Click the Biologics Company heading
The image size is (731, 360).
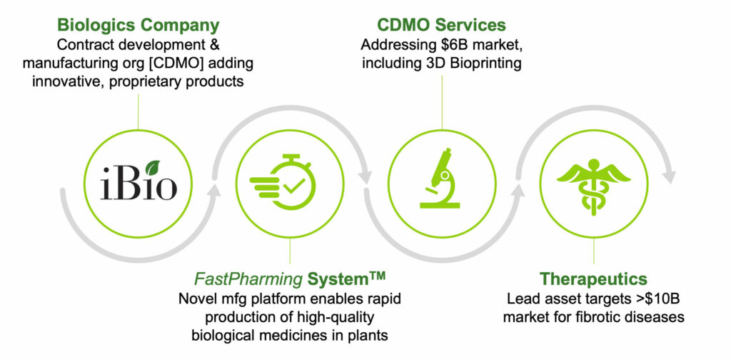138,25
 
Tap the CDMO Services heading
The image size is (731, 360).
441,25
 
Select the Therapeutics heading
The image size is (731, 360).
593,279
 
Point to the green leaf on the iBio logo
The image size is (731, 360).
153,167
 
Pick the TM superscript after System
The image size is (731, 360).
377,276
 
